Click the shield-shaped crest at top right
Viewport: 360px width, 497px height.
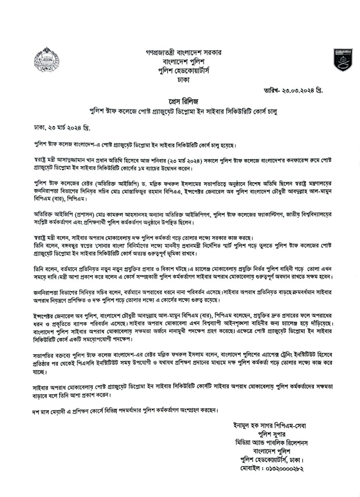coord(343,60)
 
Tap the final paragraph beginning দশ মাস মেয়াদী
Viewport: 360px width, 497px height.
coord(126,410)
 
